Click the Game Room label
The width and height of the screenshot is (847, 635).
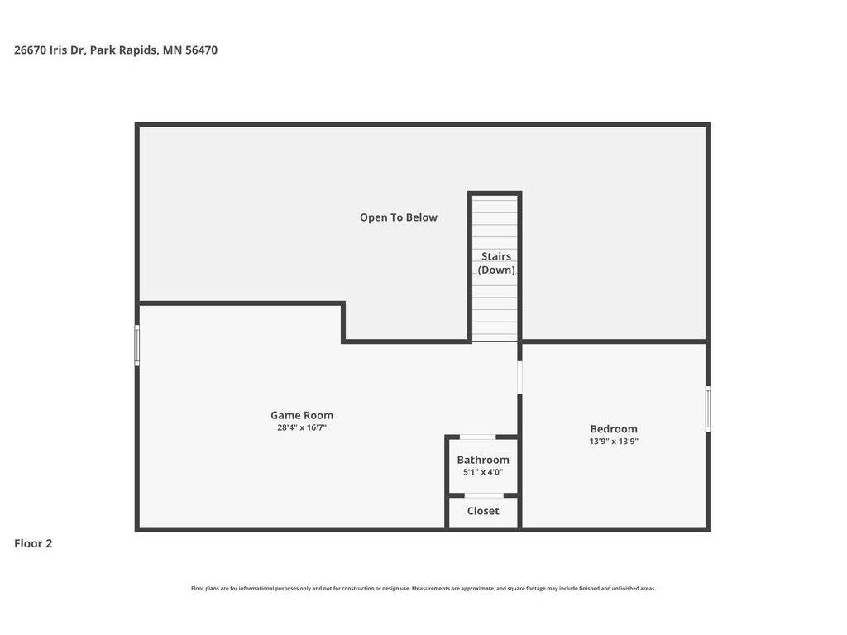click(302, 415)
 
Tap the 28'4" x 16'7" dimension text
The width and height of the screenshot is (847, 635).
click(302, 427)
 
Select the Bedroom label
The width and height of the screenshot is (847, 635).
click(614, 429)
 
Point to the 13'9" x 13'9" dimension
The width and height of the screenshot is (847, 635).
click(614, 442)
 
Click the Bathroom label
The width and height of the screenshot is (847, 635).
click(483, 460)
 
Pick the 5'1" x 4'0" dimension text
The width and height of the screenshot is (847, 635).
click(483, 472)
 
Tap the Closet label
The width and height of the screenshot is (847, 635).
click(483, 511)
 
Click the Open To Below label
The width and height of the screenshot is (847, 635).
click(399, 217)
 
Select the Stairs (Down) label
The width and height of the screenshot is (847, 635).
click(496, 263)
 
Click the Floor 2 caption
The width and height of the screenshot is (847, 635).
click(33, 544)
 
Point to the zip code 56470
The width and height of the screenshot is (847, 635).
click(202, 50)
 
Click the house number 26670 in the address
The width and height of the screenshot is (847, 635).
click(31, 50)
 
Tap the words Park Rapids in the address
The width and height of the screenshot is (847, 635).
click(124, 50)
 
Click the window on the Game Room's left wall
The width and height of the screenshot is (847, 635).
click(137, 346)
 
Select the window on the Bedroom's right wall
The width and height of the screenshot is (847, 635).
click(708, 408)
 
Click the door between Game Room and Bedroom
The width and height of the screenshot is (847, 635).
click(519, 377)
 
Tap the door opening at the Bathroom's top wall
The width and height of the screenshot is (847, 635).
click(477, 437)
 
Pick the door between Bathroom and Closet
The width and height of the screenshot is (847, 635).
click(484, 496)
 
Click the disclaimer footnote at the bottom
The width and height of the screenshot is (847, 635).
click(423, 589)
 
